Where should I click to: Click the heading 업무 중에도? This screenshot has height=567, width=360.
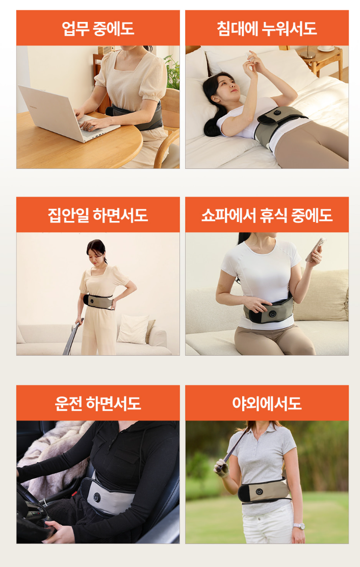pyautogui.click(x=98, y=29)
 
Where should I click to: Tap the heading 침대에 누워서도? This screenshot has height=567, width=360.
pyautogui.click(x=267, y=29)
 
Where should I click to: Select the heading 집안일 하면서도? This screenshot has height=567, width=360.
pyautogui.click(x=98, y=215)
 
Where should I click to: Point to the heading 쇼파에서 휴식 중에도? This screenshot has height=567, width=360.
pyautogui.click(x=267, y=215)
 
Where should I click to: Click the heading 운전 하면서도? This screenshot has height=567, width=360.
pyautogui.click(x=98, y=403)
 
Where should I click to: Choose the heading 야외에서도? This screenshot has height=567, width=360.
pyautogui.click(x=267, y=403)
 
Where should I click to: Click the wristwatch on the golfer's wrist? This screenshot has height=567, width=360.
pyautogui.click(x=299, y=526)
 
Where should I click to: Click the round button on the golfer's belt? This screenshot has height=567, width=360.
pyautogui.click(x=259, y=492)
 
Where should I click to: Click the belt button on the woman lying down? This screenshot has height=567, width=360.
pyautogui.click(x=277, y=113)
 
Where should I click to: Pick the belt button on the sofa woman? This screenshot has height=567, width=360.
pyautogui.click(x=272, y=314)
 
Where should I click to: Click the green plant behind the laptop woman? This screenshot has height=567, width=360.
pyautogui.click(x=172, y=72)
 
